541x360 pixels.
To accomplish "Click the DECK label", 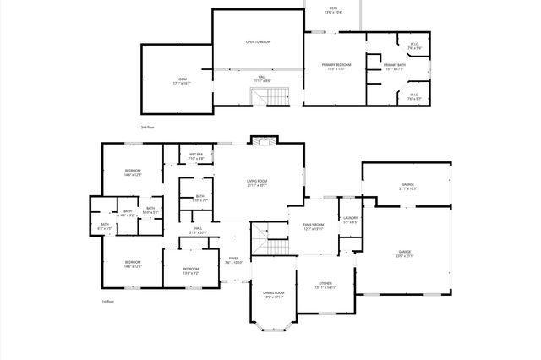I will click(x=334, y=8).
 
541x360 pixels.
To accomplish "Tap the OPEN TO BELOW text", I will click(x=258, y=41).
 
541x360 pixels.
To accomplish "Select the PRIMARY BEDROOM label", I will click(x=336, y=65).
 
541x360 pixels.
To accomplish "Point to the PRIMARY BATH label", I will click(x=395, y=65).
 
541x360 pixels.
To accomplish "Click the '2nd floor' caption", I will click(x=147, y=127).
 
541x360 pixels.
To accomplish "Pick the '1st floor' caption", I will click(x=107, y=301).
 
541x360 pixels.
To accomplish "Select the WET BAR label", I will click(x=196, y=155).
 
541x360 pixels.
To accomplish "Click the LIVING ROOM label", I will click(x=257, y=181).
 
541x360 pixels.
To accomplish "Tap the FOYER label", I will click(x=233, y=259).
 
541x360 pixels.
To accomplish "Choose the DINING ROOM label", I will click(x=273, y=292).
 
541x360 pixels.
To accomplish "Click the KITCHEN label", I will click(x=325, y=283).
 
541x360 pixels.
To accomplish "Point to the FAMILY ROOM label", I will click(x=314, y=224).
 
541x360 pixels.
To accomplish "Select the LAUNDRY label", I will click(x=351, y=218).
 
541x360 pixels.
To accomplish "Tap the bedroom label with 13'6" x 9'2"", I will click(x=191, y=273).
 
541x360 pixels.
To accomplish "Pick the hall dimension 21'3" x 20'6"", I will click(x=197, y=232).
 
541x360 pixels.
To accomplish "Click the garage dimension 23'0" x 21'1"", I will click(x=406, y=256).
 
